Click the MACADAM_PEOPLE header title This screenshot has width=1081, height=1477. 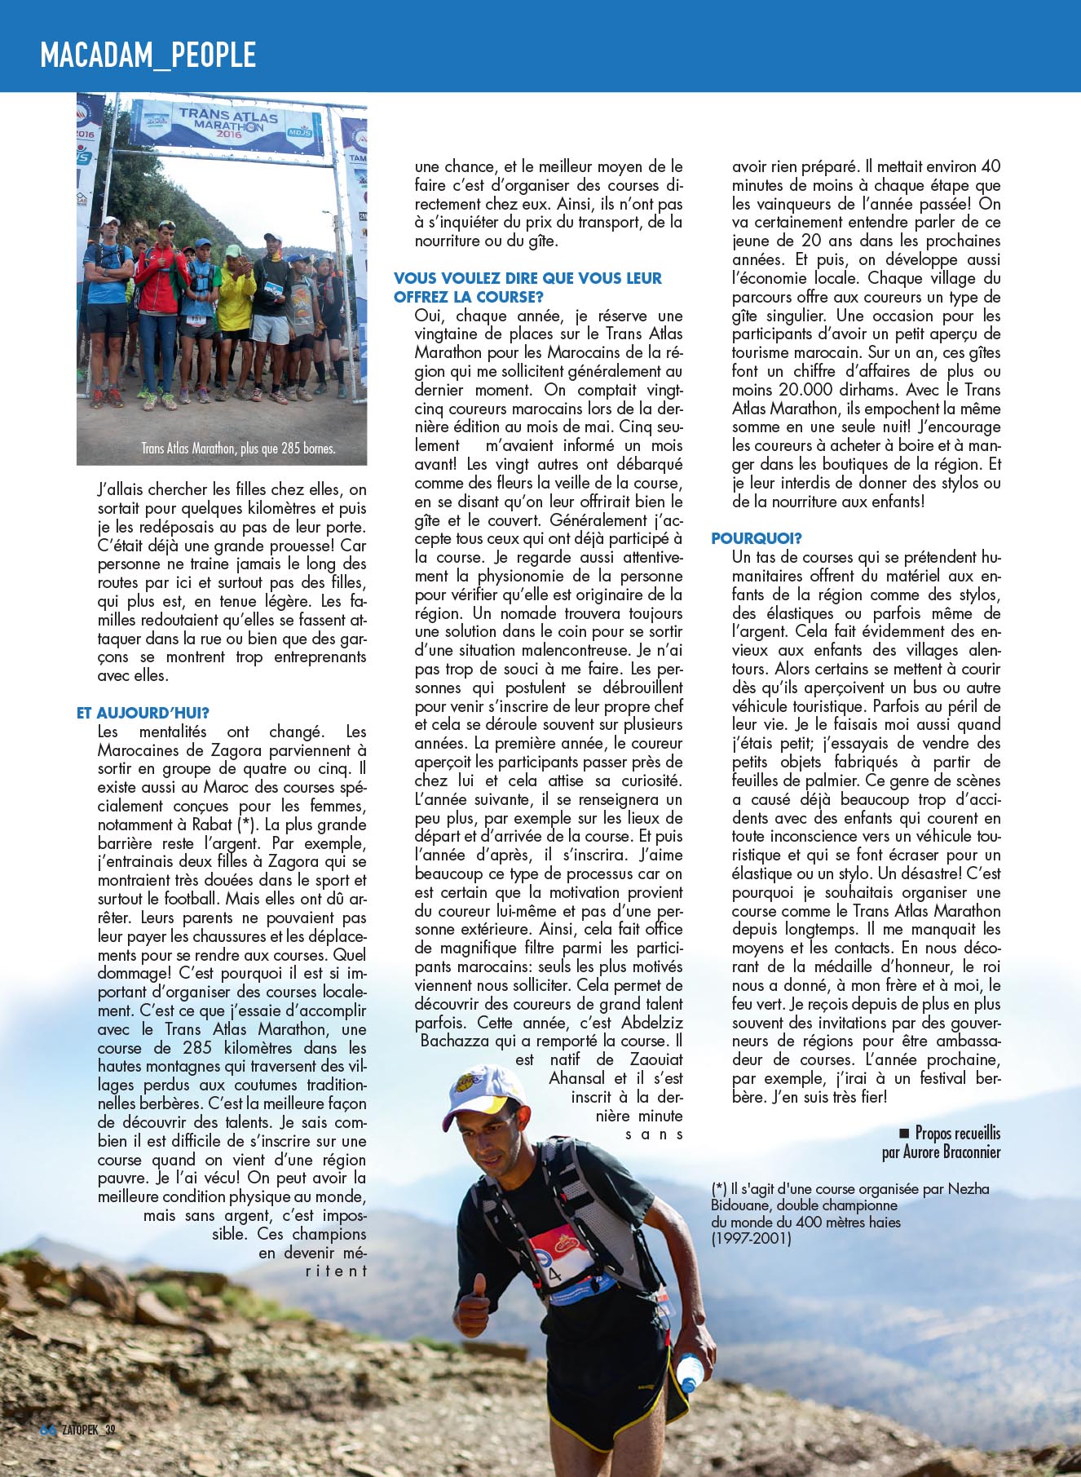tap(148, 55)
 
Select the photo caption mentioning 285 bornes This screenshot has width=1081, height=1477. tap(238, 448)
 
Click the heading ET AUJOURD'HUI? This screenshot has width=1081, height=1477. tap(143, 713)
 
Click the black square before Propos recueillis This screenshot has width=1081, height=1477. tap(903, 1133)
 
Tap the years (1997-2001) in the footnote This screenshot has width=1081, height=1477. tap(751, 1238)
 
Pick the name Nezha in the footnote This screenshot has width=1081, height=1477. tap(968, 1188)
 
